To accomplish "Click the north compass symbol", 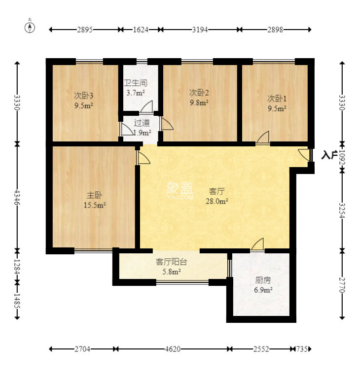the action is pos(30,27).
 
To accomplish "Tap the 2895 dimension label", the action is pos(85,30).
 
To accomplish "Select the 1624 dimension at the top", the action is pos(141,30).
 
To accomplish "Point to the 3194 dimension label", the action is pos(200,30).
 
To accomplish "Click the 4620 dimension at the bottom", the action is pos(173,349).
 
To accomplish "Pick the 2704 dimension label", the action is pos(82,349).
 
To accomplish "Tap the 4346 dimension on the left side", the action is pos(17,197).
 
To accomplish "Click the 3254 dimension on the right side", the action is pos(342,210).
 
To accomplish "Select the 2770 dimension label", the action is pos(342,285).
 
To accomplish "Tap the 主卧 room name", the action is pos(95,195).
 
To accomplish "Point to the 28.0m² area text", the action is pos(217,201).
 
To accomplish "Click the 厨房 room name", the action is pos(263,280).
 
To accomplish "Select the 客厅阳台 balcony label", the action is pos(172,262).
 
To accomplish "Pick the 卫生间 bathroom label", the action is pos(136,83).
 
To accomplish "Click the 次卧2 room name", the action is pos(199,93).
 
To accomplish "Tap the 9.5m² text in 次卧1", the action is pos(277,108).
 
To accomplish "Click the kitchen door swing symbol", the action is pos(257,244).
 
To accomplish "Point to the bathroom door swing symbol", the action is pos(147,106).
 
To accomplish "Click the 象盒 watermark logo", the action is pos(180,190).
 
